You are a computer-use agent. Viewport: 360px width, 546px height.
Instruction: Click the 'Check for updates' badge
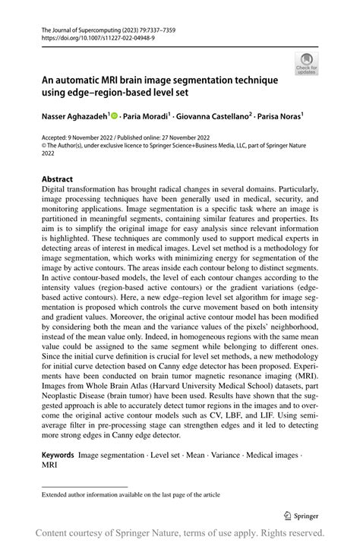click(x=307, y=65)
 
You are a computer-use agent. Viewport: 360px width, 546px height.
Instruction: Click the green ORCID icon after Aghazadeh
click(x=115, y=116)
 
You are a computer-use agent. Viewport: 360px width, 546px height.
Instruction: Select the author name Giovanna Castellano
click(x=214, y=116)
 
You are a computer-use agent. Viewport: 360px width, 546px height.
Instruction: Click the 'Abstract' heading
click(x=57, y=179)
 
